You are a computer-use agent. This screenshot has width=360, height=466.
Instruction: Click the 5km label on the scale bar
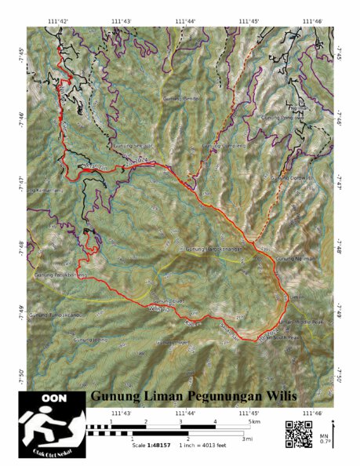tap(253, 422)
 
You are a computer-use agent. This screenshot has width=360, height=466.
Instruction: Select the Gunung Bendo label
tap(182, 99)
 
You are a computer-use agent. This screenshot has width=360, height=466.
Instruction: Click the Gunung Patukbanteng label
tap(59, 275)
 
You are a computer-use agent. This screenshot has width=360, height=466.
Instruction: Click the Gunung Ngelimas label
tap(293, 258)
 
